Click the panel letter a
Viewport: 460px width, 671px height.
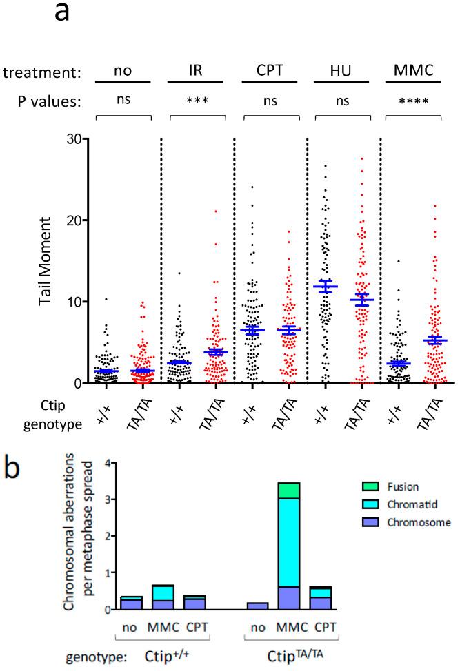pos(62,13)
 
